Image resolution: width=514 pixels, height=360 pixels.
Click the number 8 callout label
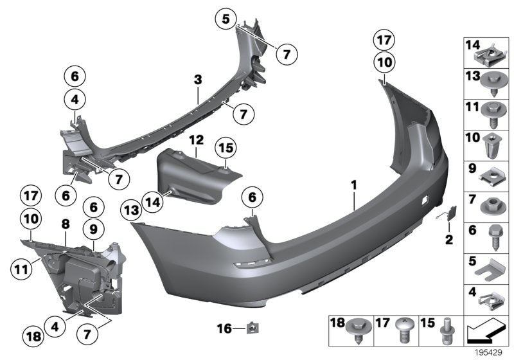tap(65, 224)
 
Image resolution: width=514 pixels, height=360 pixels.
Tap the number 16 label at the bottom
tap(222, 329)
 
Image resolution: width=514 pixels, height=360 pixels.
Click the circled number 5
tap(226, 19)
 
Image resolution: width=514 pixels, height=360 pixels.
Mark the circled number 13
tap(132, 210)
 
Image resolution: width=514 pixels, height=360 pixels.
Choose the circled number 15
tap(226, 149)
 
